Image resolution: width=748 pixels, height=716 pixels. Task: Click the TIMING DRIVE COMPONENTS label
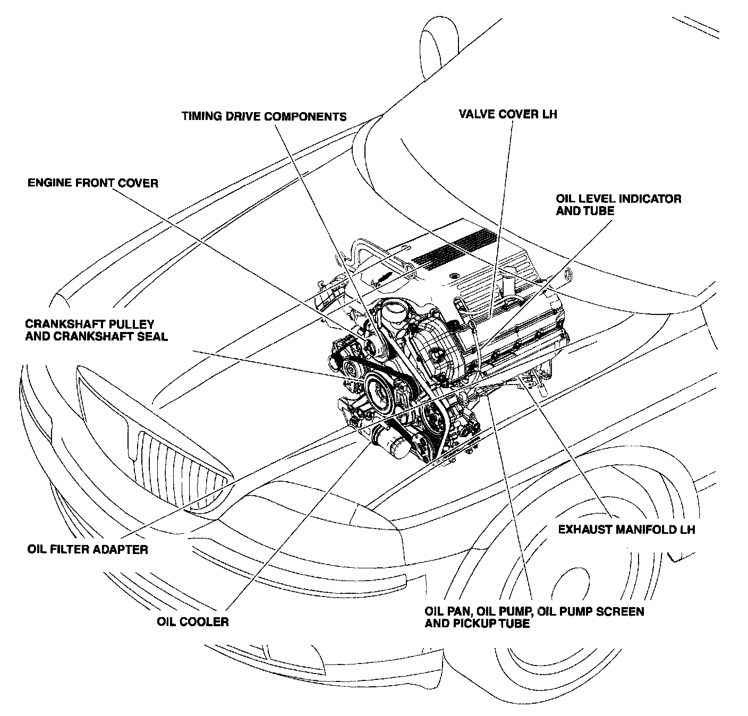coord(264,116)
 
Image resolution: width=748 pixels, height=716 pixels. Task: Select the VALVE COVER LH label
coord(508,114)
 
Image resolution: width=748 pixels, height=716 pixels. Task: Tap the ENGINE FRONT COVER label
coord(93,183)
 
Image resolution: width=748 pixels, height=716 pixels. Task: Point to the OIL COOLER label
coord(193,621)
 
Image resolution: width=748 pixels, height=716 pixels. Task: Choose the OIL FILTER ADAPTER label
coord(88,549)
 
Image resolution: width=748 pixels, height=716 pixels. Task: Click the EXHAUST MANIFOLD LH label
coord(626,530)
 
